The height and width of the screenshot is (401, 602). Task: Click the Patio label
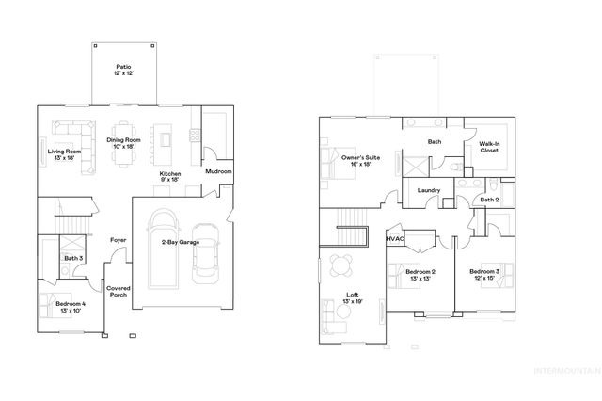pyautogui.click(x=123, y=71)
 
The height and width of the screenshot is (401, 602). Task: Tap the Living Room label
pyautogui.click(x=65, y=154)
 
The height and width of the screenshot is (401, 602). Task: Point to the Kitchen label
pyautogui.click(x=169, y=178)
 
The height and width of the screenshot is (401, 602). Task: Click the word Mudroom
pyautogui.click(x=218, y=172)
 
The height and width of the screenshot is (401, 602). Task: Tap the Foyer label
pyautogui.click(x=119, y=240)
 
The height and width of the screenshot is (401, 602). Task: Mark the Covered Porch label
pyautogui.click(x=119, y=292)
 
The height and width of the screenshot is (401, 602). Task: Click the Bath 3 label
pyautogui.click(x=73, y=258)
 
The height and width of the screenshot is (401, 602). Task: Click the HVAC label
pyautogui.click(x=395, y=239)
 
